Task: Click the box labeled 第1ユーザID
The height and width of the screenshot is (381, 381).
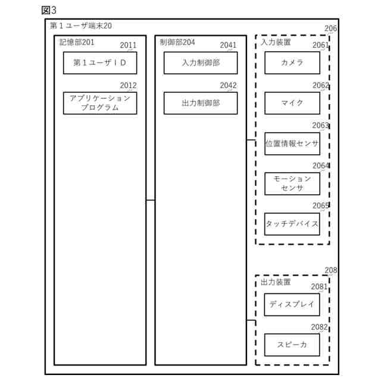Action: (100, 63)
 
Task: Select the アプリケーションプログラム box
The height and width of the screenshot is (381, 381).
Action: (100, 103)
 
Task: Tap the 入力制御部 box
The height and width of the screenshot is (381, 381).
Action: (201, 63)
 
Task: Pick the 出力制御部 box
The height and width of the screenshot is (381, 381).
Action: (201, 103)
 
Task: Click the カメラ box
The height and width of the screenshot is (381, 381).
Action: (292, 63)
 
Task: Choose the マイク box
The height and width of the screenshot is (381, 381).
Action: (292, 103)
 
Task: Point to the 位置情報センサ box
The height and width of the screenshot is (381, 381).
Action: (292, 143)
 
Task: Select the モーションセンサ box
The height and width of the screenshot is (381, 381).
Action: (292, 183)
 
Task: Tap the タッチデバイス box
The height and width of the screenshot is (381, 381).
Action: (292, 224)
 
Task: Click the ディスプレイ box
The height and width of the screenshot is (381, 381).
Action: (292, 305)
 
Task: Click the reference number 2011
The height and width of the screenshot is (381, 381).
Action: (128, 45)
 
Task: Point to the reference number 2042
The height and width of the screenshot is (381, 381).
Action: (228, 85)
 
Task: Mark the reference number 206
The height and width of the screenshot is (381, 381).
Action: (330, 28)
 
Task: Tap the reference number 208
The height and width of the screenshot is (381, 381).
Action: (330, 270)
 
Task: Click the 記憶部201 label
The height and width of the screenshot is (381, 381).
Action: (77, 42)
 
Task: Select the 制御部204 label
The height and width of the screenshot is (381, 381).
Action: (177, 42)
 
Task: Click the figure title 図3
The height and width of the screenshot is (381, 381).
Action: (49, 10)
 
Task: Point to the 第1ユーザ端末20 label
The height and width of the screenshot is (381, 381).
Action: (80, 26)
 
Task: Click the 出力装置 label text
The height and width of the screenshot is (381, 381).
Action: (276, 282)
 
